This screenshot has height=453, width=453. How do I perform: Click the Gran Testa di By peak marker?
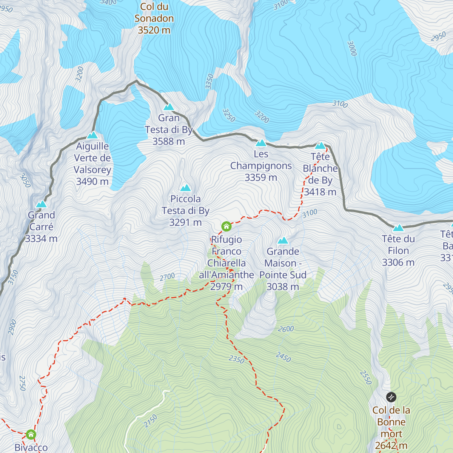tap(168, 107)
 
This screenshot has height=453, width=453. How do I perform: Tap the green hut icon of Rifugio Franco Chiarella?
tap(226, 226)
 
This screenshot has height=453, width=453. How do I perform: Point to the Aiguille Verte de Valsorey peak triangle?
tap(92, 135)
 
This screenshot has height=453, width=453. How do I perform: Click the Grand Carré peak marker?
tap(41, 204)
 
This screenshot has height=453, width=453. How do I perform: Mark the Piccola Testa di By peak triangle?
tap(185, 188)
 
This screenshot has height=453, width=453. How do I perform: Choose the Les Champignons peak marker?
tap(261, 143)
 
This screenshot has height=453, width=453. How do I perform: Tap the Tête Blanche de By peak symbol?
tap(320, 145)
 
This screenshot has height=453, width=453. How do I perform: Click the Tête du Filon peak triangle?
tap(398, 228)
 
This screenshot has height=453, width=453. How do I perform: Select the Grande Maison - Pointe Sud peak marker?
tap(283, 240)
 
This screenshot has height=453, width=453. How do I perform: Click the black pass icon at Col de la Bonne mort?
tap(391, 397)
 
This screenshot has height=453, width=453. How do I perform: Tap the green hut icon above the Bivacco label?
tap(31, 435)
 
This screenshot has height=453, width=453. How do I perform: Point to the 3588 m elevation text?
tap(169, 142)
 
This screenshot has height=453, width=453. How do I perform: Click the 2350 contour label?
tap(237, 359)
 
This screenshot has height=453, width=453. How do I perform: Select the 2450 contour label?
tap(283, 357)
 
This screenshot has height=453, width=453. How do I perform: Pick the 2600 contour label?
tap(286, 329)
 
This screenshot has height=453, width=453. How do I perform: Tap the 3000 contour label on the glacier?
tap(352, 48)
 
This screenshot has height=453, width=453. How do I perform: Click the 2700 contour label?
tap(167, 277)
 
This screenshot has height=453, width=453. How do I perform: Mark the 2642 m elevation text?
tap(391, 446)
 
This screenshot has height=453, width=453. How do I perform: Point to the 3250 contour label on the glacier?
tap(229, 116)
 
